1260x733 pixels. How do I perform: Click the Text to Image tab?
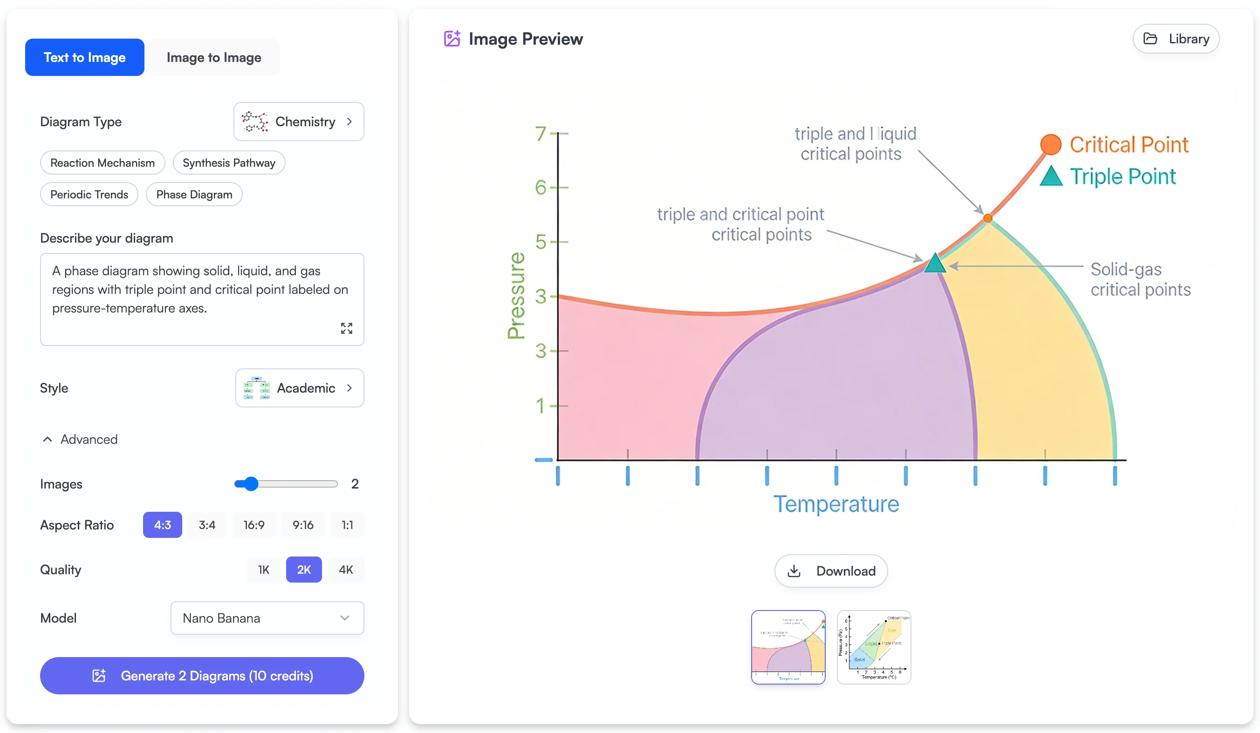point(84,57)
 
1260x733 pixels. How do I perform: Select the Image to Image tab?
point(213,57)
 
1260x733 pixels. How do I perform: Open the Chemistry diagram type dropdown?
point(299,122)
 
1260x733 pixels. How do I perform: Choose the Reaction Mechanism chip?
point(103,163)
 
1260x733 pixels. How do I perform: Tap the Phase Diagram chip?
point(194,194)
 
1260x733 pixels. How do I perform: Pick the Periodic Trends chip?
point(89,194)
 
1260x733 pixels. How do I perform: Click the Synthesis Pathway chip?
point(228,163)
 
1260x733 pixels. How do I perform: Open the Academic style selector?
point(300,388)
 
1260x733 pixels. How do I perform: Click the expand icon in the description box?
point(347,328)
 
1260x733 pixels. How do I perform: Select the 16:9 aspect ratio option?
point(254,525)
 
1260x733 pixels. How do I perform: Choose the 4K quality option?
point(345,570)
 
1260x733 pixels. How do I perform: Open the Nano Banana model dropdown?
point(267,618)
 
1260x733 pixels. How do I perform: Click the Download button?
point(831,570)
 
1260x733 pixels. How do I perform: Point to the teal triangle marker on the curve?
point(934,263)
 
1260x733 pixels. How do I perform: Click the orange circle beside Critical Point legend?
point(1050,145)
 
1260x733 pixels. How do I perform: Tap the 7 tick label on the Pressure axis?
point(540,133)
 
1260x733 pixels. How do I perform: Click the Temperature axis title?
point(836,504)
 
